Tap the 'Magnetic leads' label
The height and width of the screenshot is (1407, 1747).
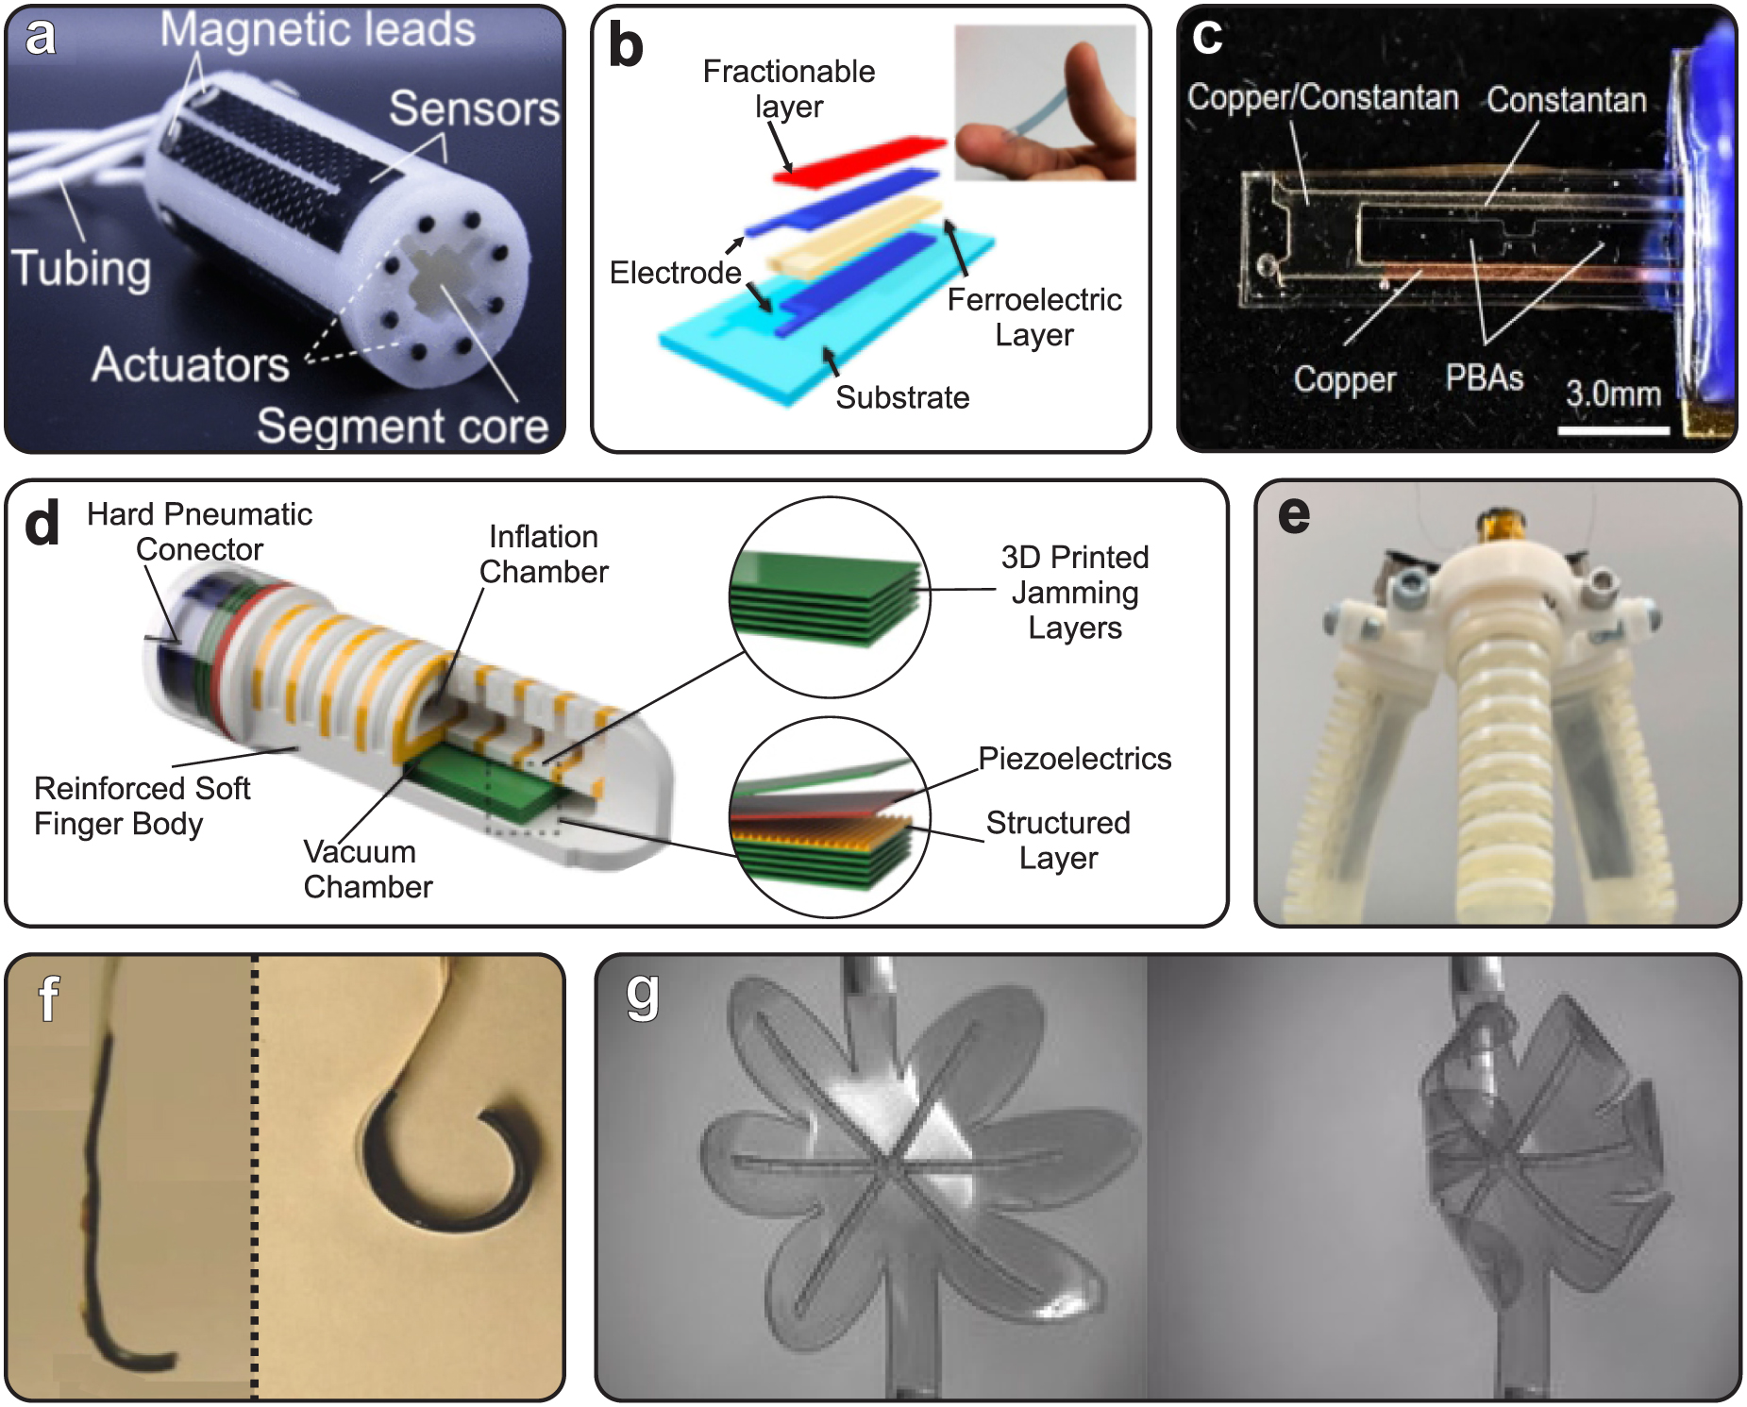tap(317, 30)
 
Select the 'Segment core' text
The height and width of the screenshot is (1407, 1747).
tap(402, 426)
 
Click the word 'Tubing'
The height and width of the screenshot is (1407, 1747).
tap(81, 269)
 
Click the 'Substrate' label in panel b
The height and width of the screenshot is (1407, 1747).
tap(901, 397)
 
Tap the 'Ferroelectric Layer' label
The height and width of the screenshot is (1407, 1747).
tap(1034, 317)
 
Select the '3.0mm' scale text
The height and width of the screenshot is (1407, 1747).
tap(1613, 394)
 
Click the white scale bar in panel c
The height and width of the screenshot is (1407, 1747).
tap(1613, 431)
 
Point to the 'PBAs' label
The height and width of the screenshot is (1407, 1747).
tap(1484, 378)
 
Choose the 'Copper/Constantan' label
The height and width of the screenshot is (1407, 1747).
tap(1322, 97)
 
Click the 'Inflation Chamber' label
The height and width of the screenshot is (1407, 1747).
tap(544, 554)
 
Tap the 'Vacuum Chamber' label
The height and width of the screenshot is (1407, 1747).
tap(367, 869)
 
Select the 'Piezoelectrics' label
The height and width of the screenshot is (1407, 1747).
tap(1074, 759)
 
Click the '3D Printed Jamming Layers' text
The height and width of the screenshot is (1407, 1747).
tap(1074, 593)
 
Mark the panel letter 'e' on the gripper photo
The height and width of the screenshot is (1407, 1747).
tap(1293, 515)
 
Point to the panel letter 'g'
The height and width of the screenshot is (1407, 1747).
tap(642, 996)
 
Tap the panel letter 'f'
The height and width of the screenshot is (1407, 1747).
tap(47, 998)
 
